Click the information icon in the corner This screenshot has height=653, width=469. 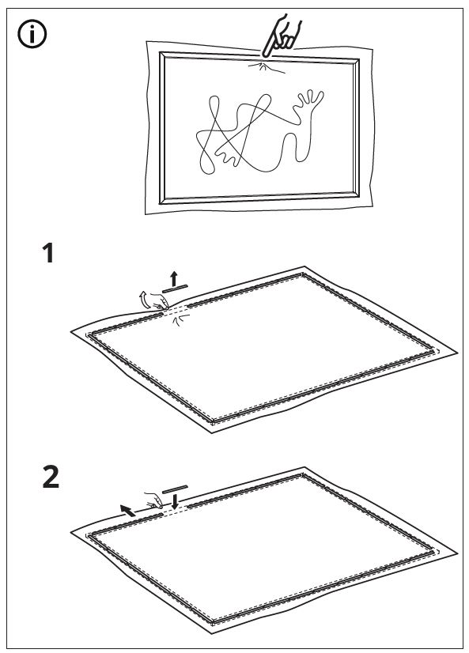point(32,34)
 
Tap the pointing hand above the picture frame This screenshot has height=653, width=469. point(280,36)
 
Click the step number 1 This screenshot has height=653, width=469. point(49,254)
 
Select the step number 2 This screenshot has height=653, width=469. point(51,477)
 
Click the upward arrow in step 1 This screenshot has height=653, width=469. point(174,278)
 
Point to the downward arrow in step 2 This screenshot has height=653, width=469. point(175,501)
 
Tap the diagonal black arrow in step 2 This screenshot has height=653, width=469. point(127,510)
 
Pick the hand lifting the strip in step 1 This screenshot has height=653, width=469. point(158,301)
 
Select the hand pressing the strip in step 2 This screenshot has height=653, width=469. point(153,500)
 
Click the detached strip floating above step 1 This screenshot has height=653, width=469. point(176,289)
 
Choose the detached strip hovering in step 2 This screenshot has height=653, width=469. point(175,489)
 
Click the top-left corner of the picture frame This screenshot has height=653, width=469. point(160,52)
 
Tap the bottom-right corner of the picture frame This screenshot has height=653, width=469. point(359,197)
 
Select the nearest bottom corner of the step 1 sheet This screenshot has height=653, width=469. point(212,432)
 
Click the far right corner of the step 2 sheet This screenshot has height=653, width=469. point(457,553)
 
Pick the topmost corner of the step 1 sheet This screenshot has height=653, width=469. point(304,266)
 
